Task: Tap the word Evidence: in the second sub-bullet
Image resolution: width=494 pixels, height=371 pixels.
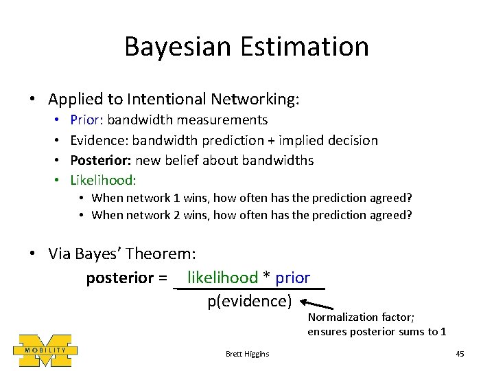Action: pyautogui.click(x=99, y=140)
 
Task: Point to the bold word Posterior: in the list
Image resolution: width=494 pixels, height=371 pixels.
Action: pyautogui.click(x=101, y=160)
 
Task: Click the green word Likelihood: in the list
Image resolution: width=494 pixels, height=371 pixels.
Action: pyautogui.click(x=104, y=180)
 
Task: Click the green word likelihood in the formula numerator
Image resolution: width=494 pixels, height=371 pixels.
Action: pyautogui.click(x=222, y=278)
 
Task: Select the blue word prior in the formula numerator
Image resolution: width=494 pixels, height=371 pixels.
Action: pyautogui.click(x=293, y=278)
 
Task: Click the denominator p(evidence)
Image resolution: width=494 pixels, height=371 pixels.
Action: pyautogui.click(x=250, y=301)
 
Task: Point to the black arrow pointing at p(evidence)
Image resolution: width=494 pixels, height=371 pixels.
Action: pyautogui.click(x=316, y=305)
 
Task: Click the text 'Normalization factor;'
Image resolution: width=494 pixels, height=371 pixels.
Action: pyautogui.click(x=362, y=317)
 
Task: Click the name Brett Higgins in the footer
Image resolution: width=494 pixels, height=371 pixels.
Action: pyautogui.click(x=247, y=354)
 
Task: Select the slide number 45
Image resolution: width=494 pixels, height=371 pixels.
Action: pyautogui.click(x=460, y=354)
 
